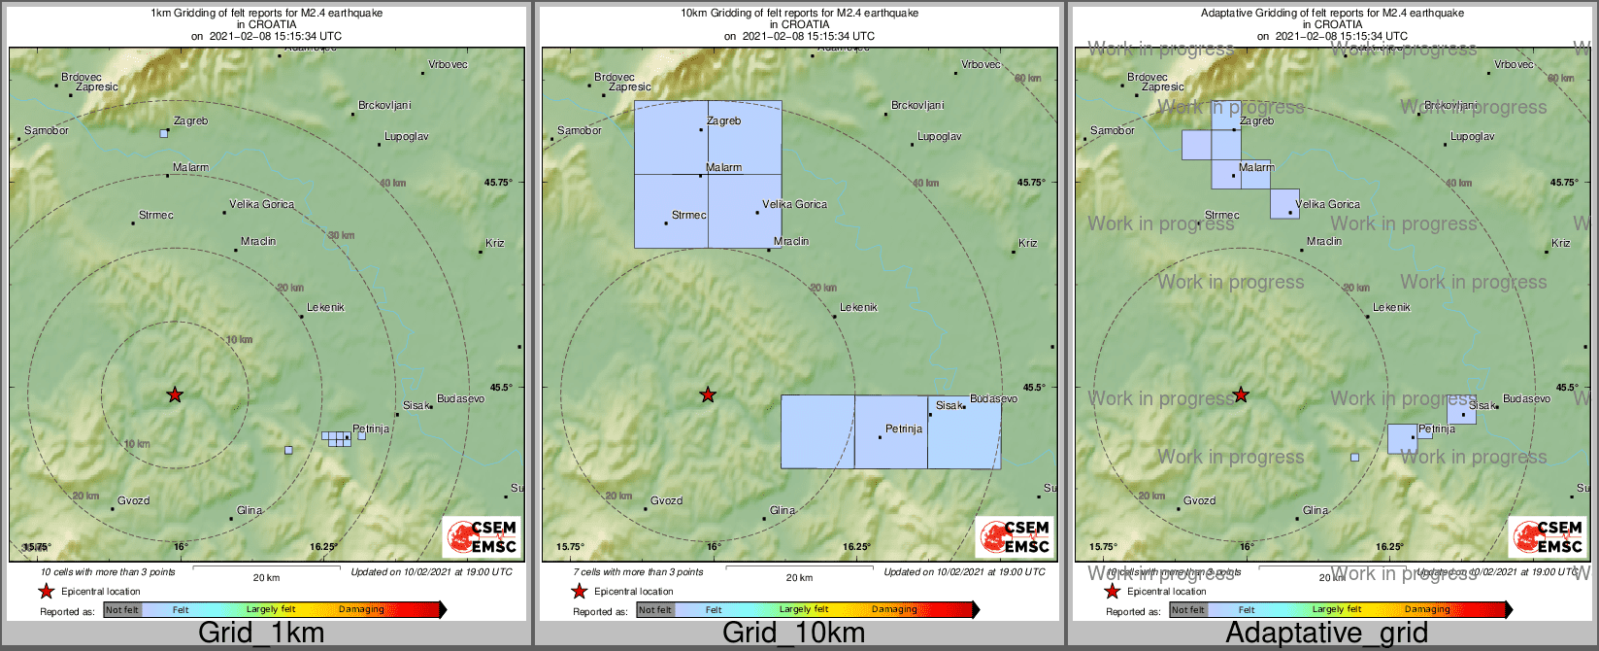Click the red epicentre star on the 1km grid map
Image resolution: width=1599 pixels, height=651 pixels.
click(175, 394)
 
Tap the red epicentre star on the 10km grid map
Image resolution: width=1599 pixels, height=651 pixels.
click(708, 394)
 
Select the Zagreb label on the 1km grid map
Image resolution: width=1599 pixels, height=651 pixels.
click(190, 121)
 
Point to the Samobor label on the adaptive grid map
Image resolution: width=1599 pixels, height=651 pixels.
click(1112, 130)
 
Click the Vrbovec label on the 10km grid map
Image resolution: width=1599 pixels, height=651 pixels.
click(981, 65)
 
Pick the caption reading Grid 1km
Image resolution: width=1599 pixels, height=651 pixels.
click(261, 634)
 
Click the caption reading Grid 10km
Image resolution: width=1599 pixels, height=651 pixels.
click(793, 634)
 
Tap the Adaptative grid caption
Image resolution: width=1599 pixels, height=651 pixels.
click(1326, 634)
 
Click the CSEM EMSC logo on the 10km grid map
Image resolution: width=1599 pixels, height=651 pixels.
click(1015, 537)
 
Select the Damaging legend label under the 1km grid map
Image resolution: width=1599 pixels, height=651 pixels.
click(361, 610)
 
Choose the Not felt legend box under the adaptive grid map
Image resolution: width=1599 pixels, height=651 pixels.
click(1187, 610)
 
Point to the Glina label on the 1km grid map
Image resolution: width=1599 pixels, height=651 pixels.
click(250, 510)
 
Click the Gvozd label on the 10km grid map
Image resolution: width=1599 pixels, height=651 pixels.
click(666, 501)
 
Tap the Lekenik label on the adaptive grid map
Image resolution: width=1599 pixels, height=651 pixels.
click(1391, 308)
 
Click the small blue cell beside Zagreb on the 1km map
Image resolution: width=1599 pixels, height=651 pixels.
click(164, 133)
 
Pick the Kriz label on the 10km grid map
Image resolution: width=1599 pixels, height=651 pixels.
click(1027, 243)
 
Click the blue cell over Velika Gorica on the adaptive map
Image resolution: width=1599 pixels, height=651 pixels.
click(1284, 204)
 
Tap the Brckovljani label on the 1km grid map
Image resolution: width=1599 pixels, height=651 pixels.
click(384, 105)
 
